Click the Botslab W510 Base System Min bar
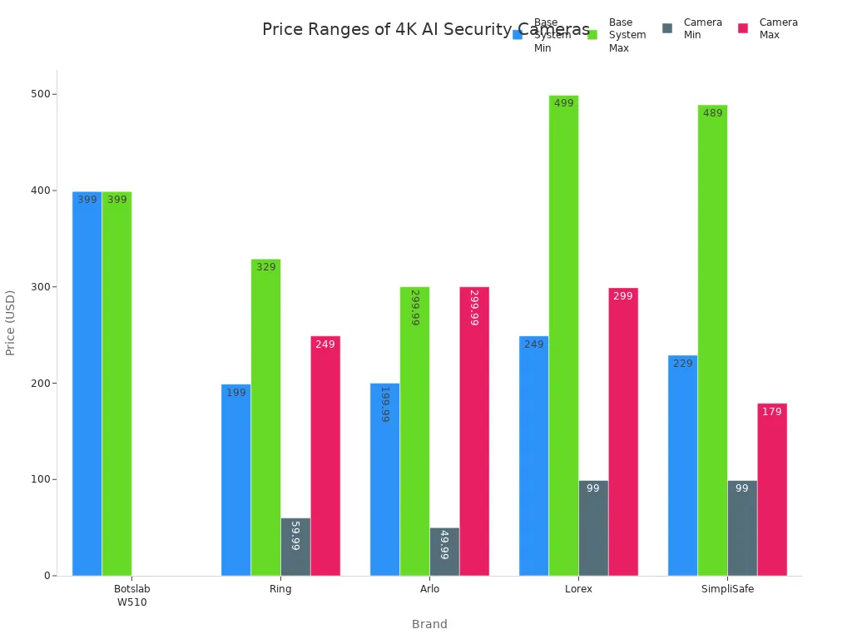click(87, 383)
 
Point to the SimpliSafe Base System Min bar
click(682, 465)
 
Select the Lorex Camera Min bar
click(593, 528)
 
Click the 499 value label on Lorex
click(564, 103)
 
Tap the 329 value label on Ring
click(266, 267)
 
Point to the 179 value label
click(772, 412)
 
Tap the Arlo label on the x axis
click(429, 589)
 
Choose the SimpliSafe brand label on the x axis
click(727, 589)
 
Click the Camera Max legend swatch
click(743, 28)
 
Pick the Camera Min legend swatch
click(667, 28)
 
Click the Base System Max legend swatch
click(592, 34)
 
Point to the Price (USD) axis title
click(11, 323)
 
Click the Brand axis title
click(429, 624)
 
